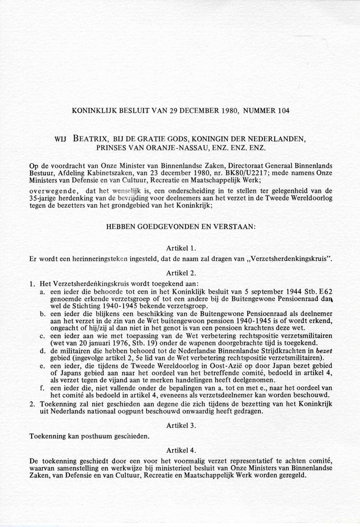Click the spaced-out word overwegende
54,191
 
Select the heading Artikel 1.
181,248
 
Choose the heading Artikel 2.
181,272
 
